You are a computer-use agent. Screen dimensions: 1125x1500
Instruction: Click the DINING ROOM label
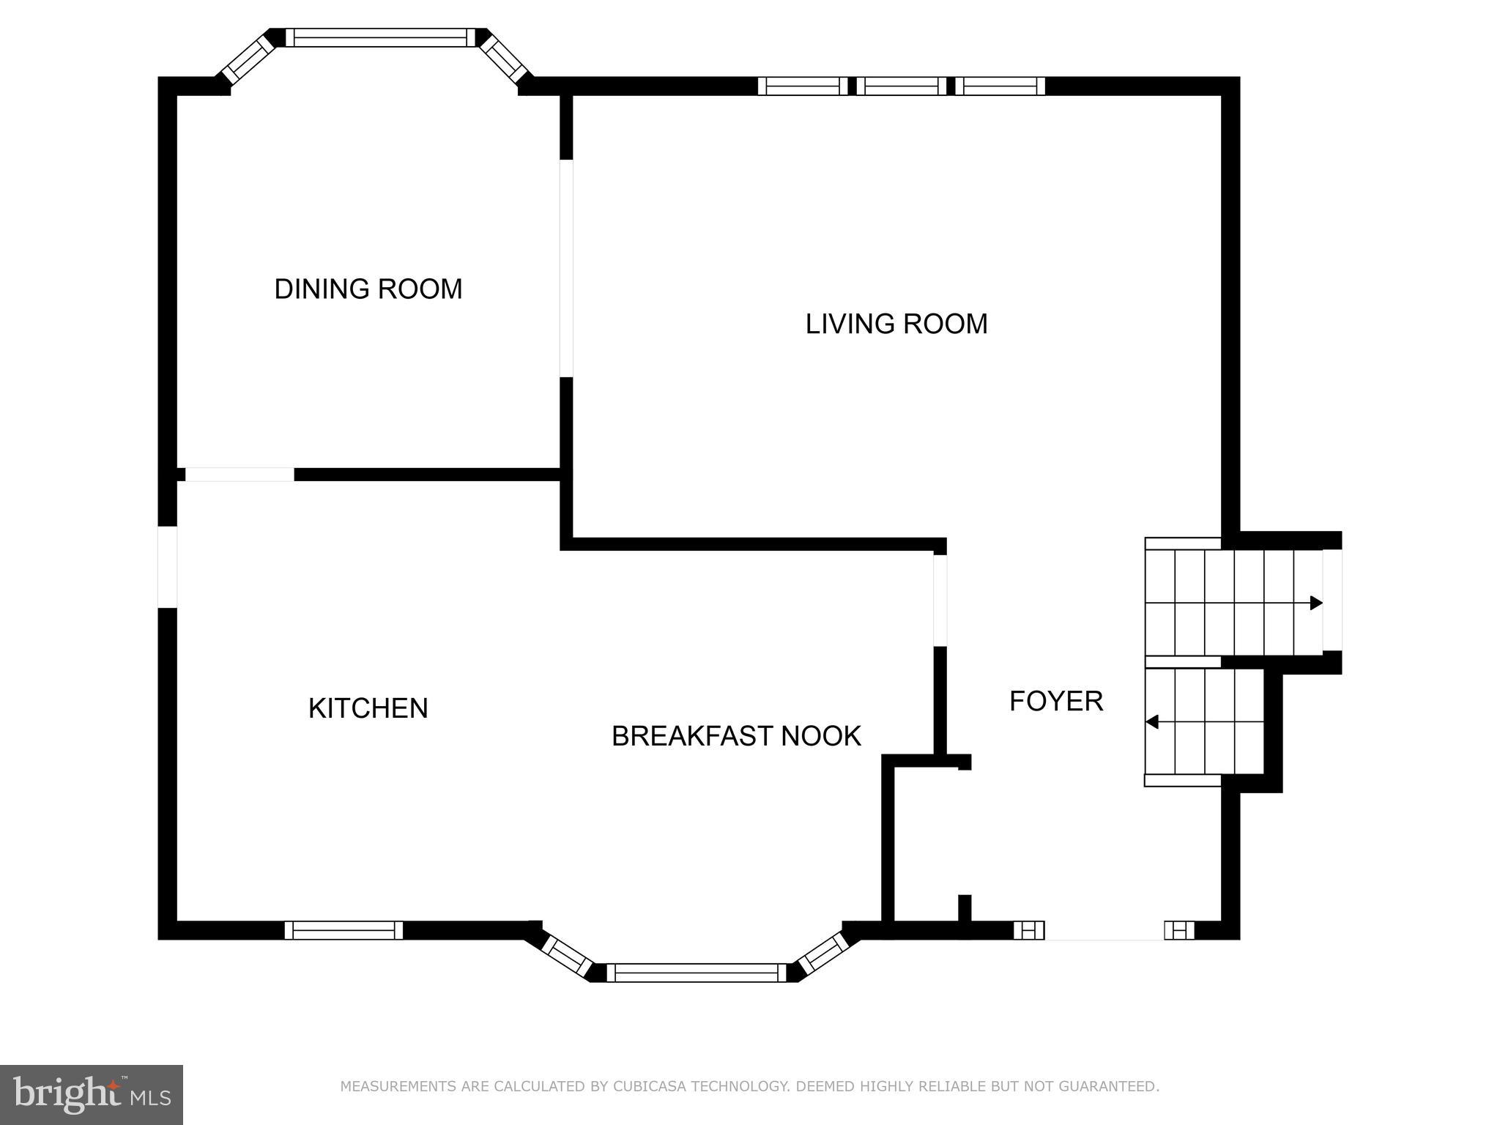(368, 289)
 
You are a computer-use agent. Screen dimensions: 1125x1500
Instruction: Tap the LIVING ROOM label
(896, 324)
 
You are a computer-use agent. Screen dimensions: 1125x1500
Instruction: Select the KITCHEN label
(368, 708)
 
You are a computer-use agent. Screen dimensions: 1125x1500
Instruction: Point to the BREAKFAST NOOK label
(735, 736)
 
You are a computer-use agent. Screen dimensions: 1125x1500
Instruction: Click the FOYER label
(1055, 701)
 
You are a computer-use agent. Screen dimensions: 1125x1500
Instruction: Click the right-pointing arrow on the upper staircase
(1315, 603)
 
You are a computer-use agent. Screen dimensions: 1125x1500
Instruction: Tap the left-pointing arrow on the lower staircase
(1152, 722)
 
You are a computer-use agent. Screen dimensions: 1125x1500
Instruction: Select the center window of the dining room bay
(376, 37)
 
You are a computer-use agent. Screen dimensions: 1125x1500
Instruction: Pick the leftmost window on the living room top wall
(803, 86)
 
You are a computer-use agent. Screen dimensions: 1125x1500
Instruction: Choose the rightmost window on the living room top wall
(1000, 86)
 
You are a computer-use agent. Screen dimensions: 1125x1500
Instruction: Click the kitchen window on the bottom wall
(344, 930)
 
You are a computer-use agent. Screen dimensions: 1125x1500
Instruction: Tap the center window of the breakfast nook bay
(696, 973)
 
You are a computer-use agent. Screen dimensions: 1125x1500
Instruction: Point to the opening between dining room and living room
(566, 268)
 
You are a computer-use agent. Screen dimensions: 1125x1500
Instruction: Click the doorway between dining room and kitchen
(240, 475)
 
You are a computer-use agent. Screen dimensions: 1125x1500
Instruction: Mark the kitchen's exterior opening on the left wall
(168, 567)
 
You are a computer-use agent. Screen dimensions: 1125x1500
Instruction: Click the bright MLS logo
(91, 1094)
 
